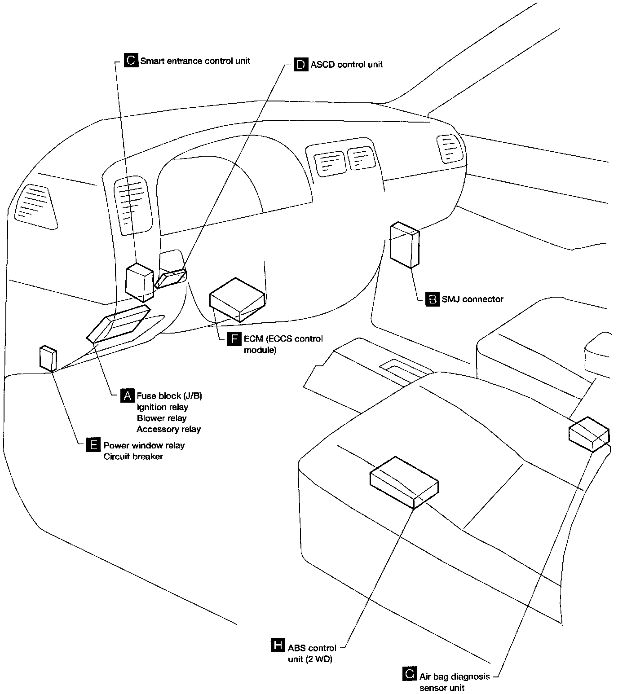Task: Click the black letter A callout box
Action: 128,395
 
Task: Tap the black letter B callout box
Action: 432,299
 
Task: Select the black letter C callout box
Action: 131,60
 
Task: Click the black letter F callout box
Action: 234,338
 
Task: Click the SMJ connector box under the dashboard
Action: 404,245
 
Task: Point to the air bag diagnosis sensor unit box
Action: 589,434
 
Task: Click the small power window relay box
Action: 48,358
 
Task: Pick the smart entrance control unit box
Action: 140,282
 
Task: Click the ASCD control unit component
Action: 171,278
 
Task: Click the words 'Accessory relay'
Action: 168,429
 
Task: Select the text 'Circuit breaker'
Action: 133,457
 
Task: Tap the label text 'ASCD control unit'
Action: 346,64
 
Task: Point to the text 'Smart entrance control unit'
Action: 195,61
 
